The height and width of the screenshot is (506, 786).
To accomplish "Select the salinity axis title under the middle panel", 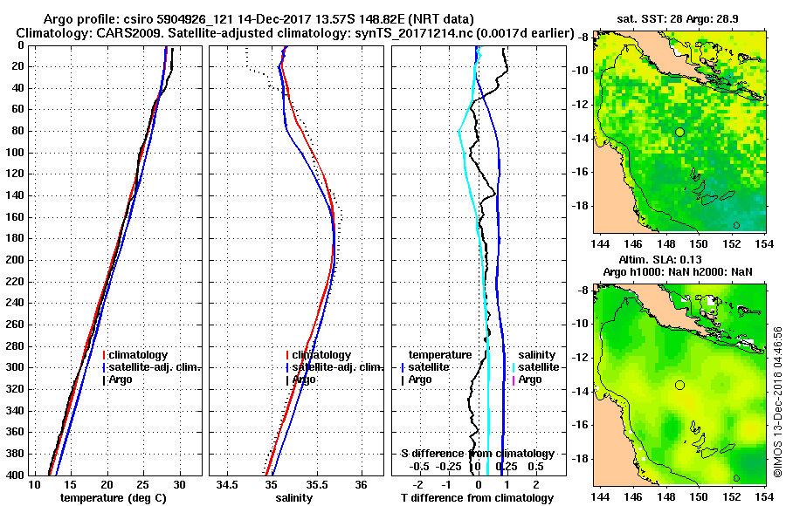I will [294, 498].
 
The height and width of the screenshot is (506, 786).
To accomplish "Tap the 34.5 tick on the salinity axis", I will [229, 484].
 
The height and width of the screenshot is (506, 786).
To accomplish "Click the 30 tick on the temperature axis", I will [180, 484].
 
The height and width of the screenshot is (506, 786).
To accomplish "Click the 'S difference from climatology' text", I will [477, 454].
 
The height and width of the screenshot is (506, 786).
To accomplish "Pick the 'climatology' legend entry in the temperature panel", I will [141, 355].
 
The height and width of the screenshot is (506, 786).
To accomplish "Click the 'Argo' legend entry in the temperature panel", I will [122, 379].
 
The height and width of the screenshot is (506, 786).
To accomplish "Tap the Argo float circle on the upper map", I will [679, 132].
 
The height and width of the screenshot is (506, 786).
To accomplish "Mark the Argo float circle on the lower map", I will [679, 385].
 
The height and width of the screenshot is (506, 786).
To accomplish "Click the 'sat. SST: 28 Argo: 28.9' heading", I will [679, 18].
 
